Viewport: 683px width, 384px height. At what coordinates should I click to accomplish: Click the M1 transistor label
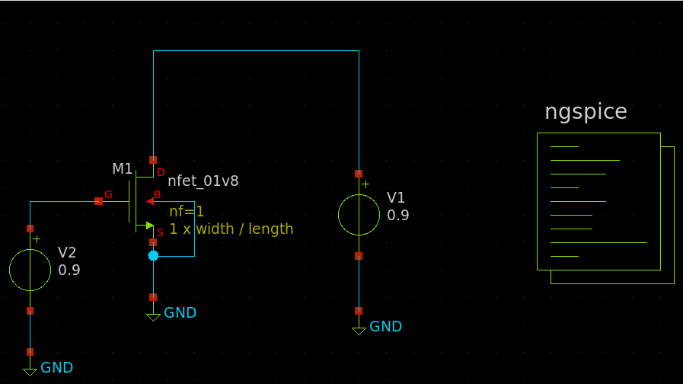[122, 168]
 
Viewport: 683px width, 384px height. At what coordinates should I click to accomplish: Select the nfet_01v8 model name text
[203, 181]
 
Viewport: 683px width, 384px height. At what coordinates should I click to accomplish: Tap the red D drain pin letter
[161, 173]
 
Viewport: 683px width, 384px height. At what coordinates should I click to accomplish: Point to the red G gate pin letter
[108, 195]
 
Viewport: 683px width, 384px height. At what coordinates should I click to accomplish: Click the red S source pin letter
[160, 232]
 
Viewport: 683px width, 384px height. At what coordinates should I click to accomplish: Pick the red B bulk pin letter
[158, 195]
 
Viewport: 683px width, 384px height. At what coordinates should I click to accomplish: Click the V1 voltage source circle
[359, 214]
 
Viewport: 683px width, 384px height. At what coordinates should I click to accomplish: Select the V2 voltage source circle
[30, 269]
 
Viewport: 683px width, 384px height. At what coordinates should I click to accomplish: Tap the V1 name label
[396, 198]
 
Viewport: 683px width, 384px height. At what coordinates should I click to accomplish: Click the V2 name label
[67, 253]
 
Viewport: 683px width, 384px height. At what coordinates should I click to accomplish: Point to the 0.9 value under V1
[397, 216]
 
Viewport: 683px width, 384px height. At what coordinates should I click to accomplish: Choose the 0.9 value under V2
[69, 270]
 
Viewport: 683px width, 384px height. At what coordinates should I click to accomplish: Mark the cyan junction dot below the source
[153, 256]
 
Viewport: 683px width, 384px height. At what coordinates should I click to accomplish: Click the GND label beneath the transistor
[180, 312]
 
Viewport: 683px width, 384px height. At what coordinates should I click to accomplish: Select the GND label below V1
[385, 326]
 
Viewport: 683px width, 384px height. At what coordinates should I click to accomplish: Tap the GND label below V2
[56, 367]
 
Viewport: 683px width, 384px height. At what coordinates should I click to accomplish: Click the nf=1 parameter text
[187, 211]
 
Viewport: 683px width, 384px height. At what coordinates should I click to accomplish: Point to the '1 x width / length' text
[231, 229]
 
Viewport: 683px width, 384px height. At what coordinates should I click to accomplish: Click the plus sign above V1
[365, 184]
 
